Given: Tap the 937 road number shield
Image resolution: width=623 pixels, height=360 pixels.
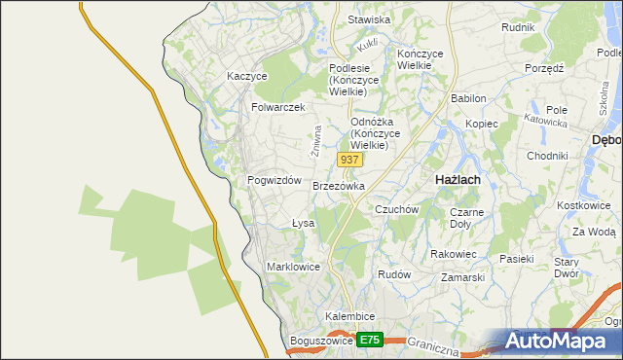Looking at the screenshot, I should pyautogui.click(x=349, y=158).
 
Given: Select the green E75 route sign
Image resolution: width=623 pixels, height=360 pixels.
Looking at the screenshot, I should pyautogui.click(x=369, y=340).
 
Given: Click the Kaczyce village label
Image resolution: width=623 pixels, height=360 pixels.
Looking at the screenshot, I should pyautogui.click(x=246, y=75).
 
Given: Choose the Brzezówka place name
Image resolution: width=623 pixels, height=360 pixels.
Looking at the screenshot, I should pyautogui.click(x=339, y=185).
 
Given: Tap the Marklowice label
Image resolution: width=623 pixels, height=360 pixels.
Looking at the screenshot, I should pyautogui.click(x=293, y=266).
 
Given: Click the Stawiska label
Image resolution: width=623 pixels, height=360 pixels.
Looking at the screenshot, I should pyautogui.click(x=369, y=19).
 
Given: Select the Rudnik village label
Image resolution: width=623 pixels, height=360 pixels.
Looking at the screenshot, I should pyautogui.click(x=518, y=27).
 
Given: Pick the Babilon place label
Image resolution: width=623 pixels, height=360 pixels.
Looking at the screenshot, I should pyautogui.click(x=468, y=98).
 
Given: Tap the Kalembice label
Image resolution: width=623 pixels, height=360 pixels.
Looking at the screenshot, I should pyautogui.click(x=350, y=317).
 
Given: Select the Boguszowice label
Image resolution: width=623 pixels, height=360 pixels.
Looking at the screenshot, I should pyautogui.click(x=320, y=341).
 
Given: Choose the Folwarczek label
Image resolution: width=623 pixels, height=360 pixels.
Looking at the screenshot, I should pyautogui.click(x=278, y=107).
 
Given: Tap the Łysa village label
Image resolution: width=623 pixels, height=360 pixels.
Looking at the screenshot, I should pyautogui.click(x=304, y=223).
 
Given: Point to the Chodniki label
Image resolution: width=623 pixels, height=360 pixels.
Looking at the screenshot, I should pyautogui.click(x=547, y=156).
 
